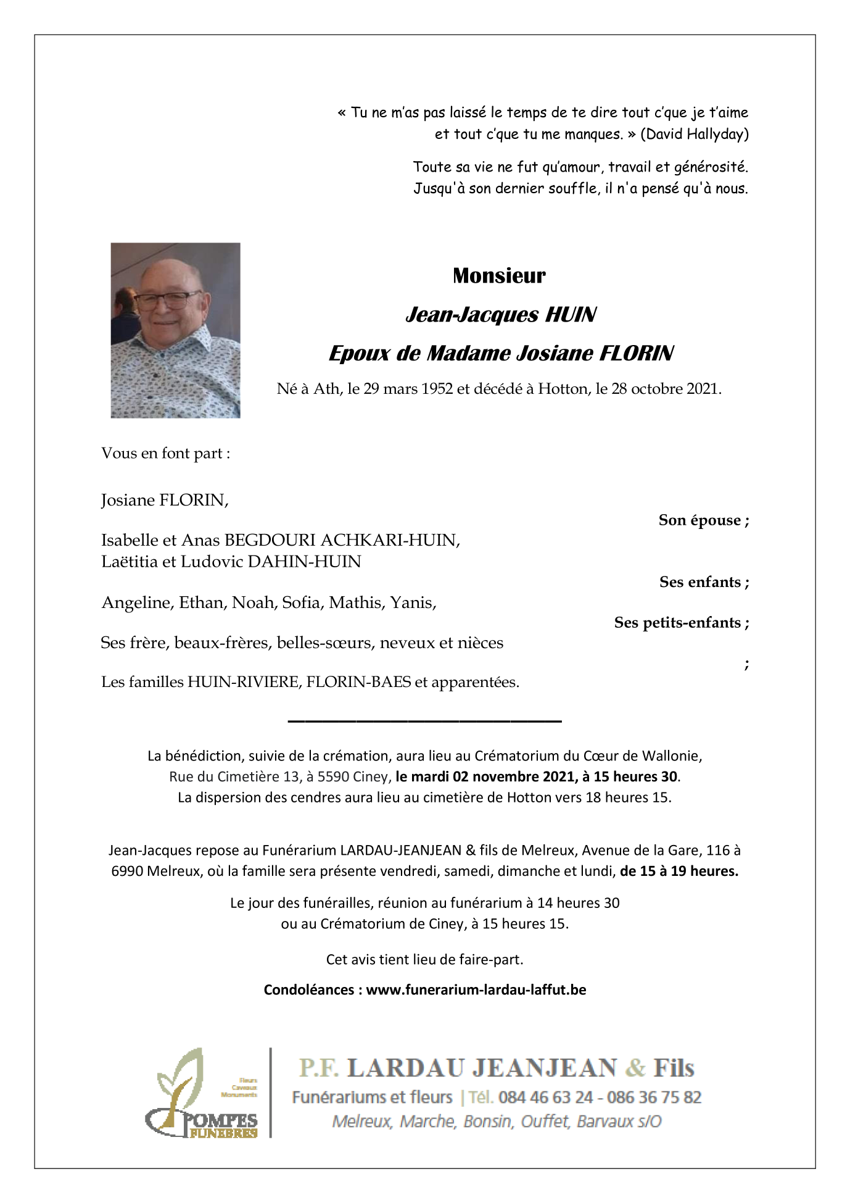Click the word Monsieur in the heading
(499, 275)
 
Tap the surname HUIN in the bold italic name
(571, 315)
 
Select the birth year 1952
(437, 389)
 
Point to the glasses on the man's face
(167, 301)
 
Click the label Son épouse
(703, 520)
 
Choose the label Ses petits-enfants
(681, 622)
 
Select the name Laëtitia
(129, 562)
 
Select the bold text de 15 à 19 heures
(679, 871)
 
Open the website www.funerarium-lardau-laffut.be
(476, 989)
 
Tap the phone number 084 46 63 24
(545, 1097)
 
